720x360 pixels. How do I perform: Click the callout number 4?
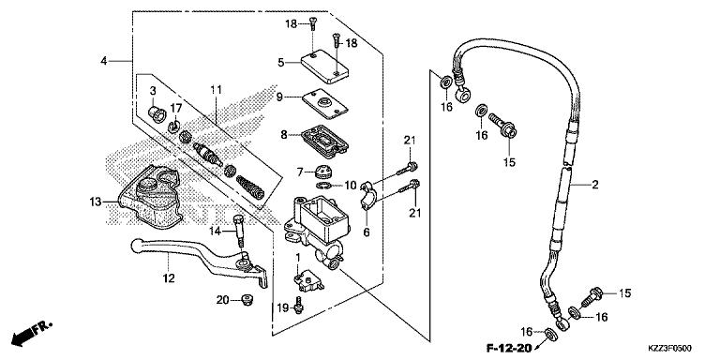pyautogui.click(x=103, y=62)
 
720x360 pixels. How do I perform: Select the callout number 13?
pyautogui.click(x=96, y=201)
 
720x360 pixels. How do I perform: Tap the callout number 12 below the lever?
pyautogui.click(x=169, y=277)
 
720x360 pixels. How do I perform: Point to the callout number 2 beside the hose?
pyautogui.click(x=594, y=186)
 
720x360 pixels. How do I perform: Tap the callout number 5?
pyautogui.click(x=280, y=63)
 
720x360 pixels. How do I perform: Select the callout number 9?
pyautogui.click(x=280, y=97)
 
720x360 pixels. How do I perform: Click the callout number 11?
pyautogui.click(x=217, y=89)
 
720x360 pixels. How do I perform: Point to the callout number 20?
pyautogui.click(x=222, y=300)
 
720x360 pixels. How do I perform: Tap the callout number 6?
pyautogui.click(x=366, y=232)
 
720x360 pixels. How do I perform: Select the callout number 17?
pyautogui.click(x=176, y=108)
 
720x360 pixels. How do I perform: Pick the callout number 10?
pyautogui.click(x=324, y=185)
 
